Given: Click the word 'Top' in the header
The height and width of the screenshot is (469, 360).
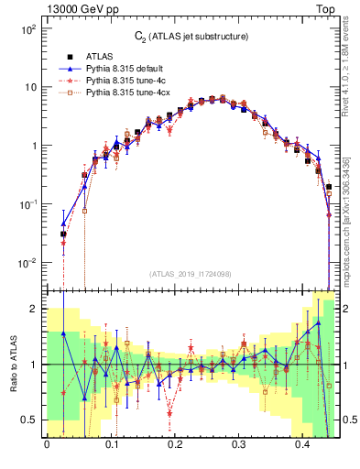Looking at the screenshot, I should click(326, 8).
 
